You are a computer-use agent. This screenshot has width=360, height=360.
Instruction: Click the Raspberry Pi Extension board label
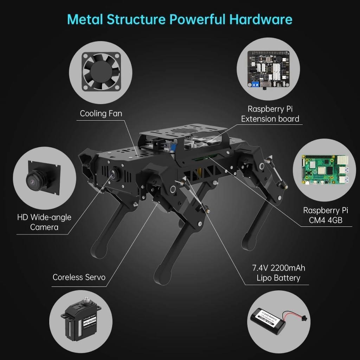click(x=270, y=114)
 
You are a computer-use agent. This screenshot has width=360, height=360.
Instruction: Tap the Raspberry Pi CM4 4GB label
click(x=326, y=215)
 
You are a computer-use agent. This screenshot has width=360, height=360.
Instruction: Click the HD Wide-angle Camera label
click(x=44, y=222)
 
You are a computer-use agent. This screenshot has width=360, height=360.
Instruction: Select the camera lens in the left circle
click(x=33, y=180)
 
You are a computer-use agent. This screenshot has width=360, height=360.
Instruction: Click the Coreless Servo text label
click(x=79, y=277)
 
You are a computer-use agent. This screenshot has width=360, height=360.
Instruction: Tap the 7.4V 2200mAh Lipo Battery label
click(x=278, y=273)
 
